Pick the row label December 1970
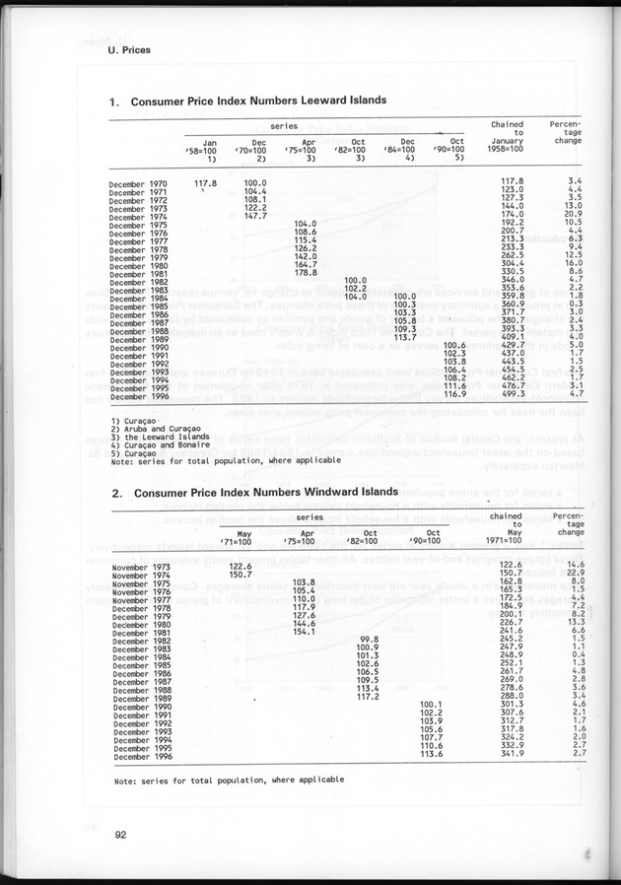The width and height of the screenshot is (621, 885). pos(138,183)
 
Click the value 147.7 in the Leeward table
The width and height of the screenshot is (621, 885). pos(255,216)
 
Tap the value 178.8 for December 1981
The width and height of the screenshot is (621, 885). pos(306,272)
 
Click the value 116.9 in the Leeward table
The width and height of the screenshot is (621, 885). pos(453,393)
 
